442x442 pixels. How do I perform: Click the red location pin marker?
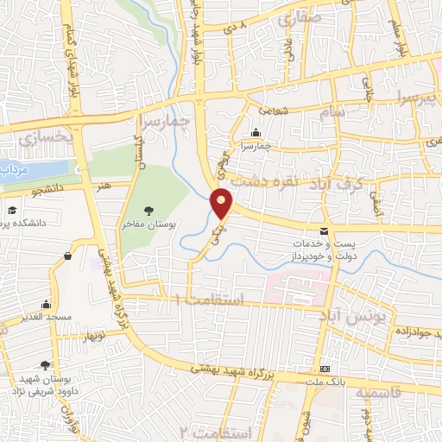tap(223, 204)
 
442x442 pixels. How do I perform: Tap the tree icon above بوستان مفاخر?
tap(150, 209)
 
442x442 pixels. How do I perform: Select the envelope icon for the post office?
tap(324, 231)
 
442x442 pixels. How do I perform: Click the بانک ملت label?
tap(325, 381)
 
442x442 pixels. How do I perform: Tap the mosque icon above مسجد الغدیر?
tap(46, 304)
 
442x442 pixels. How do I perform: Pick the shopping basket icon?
tap(68, 256)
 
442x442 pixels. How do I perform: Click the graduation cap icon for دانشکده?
tap(12, 211)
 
